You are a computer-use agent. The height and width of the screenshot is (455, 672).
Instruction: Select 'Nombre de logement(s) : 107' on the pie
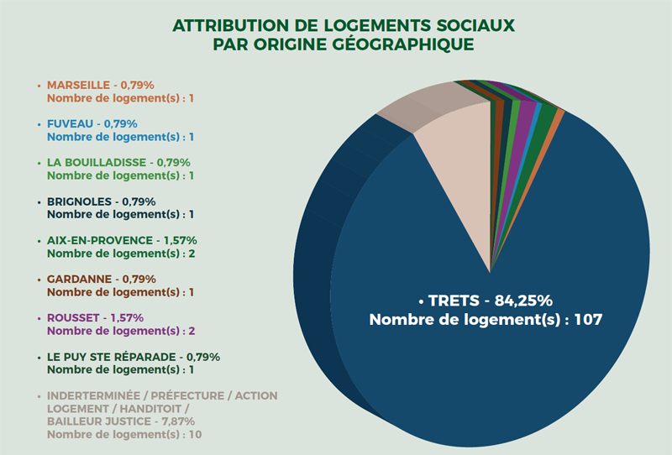488,320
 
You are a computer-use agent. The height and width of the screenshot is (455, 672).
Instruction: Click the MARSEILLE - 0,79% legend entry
101,85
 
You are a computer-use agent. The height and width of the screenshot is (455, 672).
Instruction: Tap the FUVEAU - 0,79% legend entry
92,123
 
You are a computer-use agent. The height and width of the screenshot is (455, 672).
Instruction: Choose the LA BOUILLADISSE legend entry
118,162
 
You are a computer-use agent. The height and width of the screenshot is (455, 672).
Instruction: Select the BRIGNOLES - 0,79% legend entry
101,201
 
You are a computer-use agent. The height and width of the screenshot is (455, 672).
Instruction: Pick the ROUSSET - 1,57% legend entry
95,317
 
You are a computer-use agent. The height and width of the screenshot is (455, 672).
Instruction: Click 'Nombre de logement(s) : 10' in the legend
123,435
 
